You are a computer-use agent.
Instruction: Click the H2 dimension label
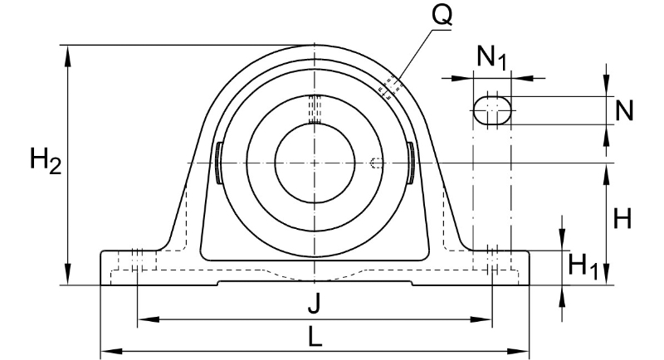point(46,161)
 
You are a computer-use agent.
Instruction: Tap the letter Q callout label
point(442,16)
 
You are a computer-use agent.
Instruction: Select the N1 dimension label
point(491,56)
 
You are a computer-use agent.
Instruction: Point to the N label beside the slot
point(624,111)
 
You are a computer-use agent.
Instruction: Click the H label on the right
point(622,219)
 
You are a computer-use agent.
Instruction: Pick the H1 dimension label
point(583,266)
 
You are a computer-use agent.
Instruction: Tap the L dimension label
point(315,337)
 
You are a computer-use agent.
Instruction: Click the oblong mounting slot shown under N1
point(491,110)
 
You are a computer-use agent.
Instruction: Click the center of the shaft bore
point(315,163)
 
